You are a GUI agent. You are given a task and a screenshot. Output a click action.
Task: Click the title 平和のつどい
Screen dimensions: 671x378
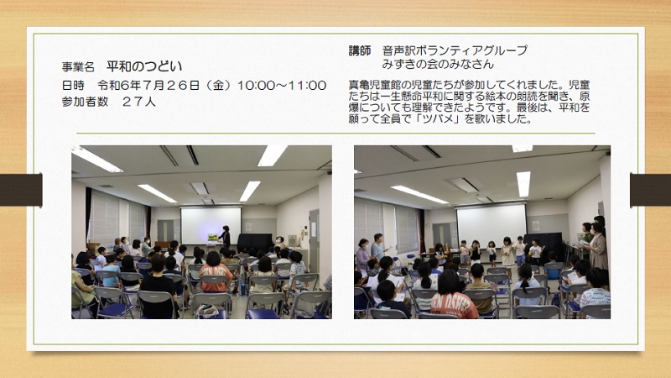[x=144, y=66]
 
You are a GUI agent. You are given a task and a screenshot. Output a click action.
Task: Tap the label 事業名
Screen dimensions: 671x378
[x=78, y=67]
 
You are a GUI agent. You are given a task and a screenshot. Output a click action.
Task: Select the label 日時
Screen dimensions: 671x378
[x=73, y=86]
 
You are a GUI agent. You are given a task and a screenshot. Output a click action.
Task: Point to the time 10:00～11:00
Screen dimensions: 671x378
[x=282, y=86]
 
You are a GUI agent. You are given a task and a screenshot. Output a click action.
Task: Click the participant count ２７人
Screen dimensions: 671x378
[x=138, y=102]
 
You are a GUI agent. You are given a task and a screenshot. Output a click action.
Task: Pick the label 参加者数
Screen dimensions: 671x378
[x=85, y=102]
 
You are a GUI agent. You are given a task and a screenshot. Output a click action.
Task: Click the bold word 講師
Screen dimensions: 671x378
[x=360, y=50]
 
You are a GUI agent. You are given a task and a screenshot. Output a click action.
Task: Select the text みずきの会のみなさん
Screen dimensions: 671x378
[x=438, y=65]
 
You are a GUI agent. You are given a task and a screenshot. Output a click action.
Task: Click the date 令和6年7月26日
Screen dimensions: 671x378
[x=148, y=86]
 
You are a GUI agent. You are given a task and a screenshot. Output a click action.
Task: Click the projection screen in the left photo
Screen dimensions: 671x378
[x=211, y=226]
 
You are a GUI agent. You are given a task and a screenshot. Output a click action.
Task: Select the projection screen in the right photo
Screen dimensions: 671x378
[x=492, y=224]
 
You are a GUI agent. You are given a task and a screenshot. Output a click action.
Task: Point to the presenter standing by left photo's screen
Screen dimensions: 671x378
[x=225, y=236]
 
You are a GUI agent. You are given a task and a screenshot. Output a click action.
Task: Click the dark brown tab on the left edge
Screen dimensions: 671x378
[x=21, y=190]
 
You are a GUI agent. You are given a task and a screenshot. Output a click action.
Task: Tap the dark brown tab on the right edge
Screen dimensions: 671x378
[x=650, y=190]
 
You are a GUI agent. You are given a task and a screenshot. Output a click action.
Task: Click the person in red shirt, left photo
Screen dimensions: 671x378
[x=216, y=273]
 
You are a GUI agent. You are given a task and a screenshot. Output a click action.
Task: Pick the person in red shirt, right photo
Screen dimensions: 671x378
[x=453, y=296]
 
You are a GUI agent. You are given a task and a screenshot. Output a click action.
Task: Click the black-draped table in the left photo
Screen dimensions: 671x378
[x=255, y=242]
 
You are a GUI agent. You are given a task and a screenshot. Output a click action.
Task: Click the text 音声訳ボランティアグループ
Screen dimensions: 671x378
[x=455, y=50]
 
